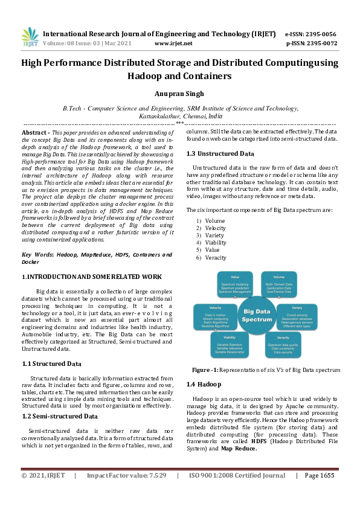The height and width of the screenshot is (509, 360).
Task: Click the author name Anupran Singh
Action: pos(179,94)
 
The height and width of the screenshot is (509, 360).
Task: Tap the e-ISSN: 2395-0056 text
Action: pos(310,34)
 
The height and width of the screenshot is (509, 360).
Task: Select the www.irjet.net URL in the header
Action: pos(173,43)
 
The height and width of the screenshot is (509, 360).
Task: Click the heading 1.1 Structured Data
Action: pos(51,363)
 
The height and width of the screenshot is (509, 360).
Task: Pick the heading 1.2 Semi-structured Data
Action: pos(59,416)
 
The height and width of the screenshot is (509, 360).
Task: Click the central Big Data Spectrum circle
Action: pos(257,315)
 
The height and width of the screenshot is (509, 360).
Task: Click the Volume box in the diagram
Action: pos(279,284)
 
